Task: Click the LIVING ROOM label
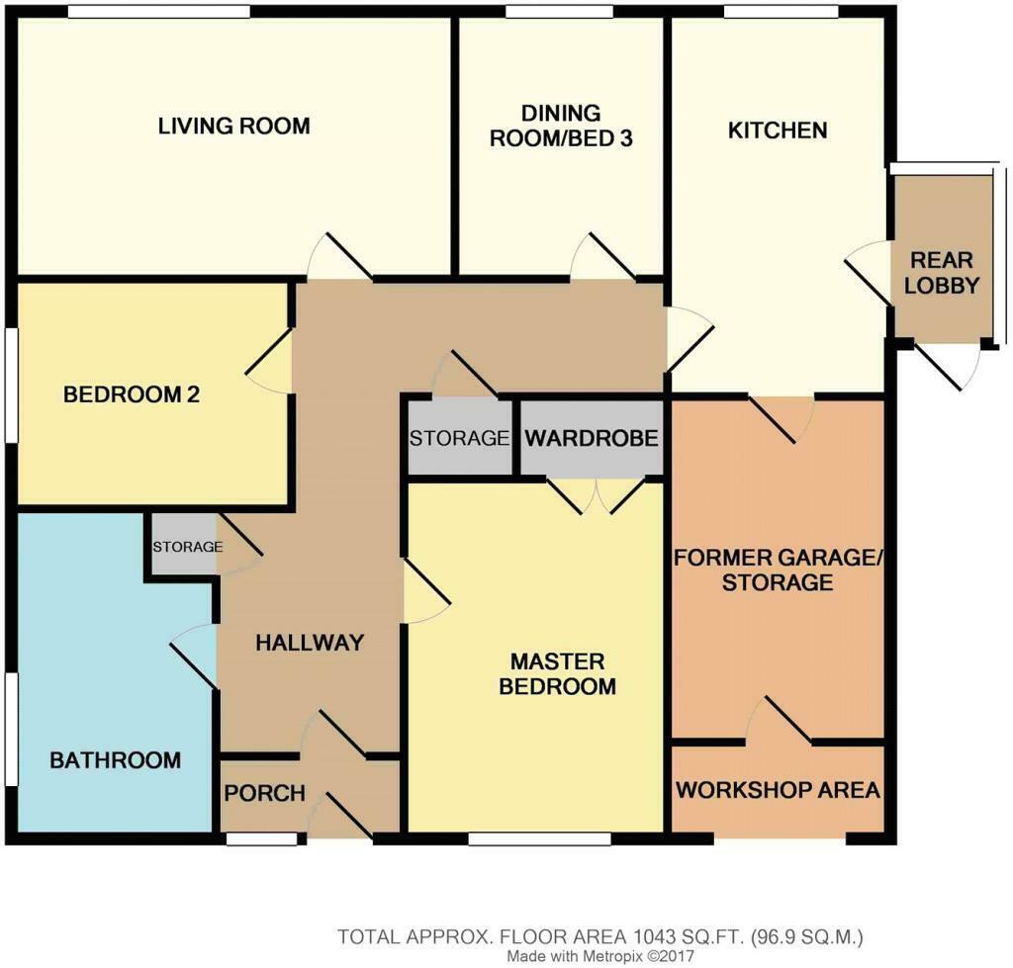234,126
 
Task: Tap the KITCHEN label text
778,130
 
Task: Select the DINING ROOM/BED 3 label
560,126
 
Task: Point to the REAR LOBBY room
943,273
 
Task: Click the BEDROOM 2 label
132,395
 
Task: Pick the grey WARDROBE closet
591,437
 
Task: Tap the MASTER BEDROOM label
557,673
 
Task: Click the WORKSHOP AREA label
778,790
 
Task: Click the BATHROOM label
116,760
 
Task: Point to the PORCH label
264,794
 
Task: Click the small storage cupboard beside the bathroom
185,546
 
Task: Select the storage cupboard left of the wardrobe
459,438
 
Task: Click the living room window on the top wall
159,11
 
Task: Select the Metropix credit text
600,956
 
